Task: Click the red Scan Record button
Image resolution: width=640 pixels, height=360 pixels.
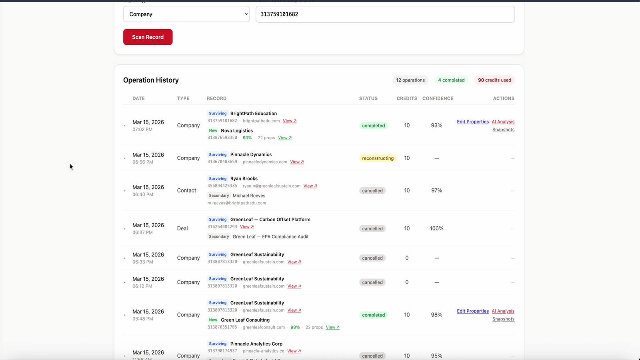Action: click(x=148, y=37)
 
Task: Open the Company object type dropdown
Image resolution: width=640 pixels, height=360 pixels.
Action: click(x=186, y=14)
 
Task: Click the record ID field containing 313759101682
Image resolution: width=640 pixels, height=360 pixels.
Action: click(x=385, y=14)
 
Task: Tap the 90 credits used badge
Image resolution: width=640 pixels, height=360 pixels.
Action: click(x=494, y=80)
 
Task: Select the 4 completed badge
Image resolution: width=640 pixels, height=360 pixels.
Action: click(x=451, y=80)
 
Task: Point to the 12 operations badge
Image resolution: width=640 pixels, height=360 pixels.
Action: click(x=410, y=80)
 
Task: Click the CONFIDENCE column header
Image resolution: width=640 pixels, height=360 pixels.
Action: click(x=438, y=98)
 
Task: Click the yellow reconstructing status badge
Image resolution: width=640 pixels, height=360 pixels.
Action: click(x=378, y=158)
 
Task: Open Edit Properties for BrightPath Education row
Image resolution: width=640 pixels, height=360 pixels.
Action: click(x=472, y=122)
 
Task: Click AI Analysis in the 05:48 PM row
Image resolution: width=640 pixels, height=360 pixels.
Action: click(x=503, y=311)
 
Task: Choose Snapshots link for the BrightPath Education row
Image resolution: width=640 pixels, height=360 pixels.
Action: click(x=503, y=130)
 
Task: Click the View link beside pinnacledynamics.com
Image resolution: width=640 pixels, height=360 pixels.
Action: click(x=297, y=162)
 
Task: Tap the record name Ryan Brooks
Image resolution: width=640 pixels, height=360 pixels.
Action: click(x=244, y=179)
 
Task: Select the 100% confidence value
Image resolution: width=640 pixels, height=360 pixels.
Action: click(x=436, y=229)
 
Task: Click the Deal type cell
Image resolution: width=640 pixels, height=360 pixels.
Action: click(x=182, y=229)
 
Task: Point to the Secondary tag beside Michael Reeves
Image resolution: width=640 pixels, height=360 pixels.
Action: click(x=219, y=196)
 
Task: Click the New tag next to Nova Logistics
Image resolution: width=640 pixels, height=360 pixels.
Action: click(x=213, y=131)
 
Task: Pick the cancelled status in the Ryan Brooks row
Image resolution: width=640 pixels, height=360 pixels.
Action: click(x=372, y=191)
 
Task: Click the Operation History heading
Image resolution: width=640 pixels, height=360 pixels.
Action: click(x=151, y=80)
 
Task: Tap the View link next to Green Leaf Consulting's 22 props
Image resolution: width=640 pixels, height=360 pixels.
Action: click(x=332, y=328)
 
